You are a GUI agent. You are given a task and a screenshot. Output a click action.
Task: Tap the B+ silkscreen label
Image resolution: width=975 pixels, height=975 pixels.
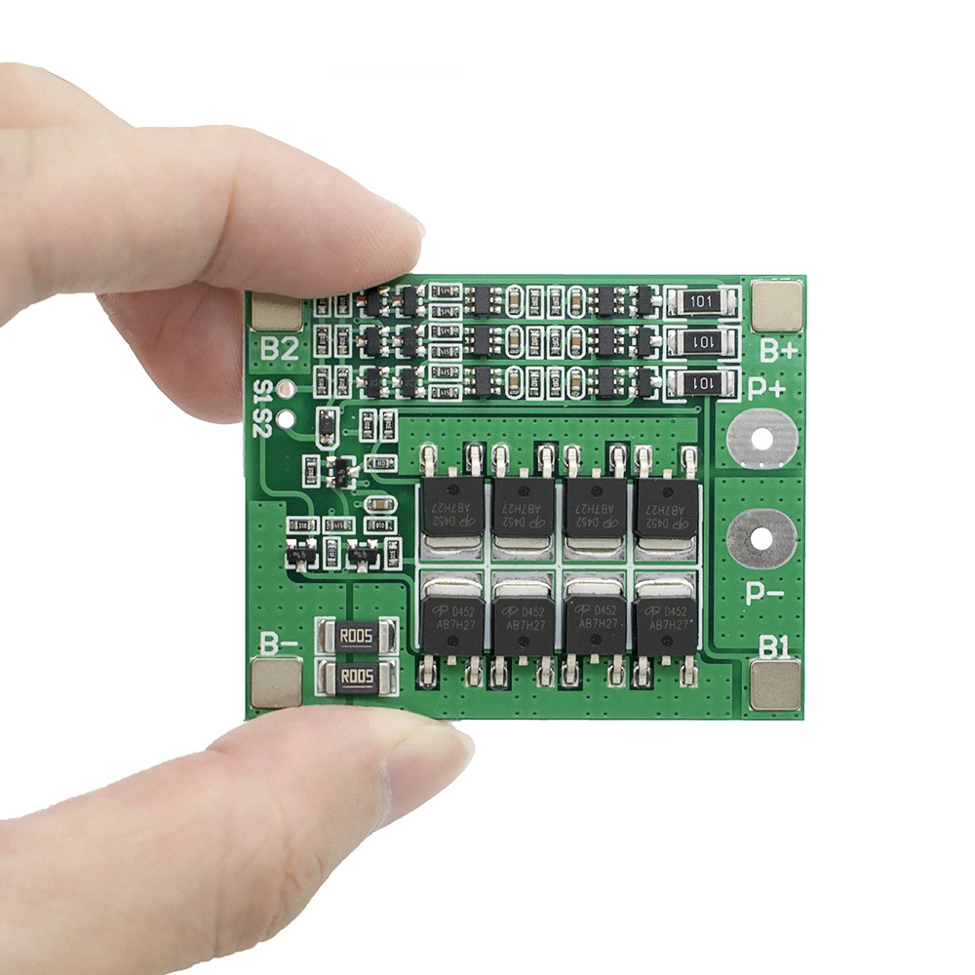tap(780, 349)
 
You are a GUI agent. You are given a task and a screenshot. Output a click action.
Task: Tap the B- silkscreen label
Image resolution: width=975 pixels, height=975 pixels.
tap(279, 643)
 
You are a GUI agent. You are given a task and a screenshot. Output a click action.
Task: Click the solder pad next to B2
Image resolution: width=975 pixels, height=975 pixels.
tap(277, 309)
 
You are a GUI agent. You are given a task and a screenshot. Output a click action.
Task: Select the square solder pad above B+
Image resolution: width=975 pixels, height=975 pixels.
tap(777, 303)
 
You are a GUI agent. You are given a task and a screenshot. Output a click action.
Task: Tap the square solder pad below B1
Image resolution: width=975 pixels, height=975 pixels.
tap(775, 684)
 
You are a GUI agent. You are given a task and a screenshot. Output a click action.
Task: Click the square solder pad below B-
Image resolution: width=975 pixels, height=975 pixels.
tap(277, 682)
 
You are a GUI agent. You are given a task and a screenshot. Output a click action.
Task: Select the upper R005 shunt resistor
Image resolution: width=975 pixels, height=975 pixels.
tap(356, 638)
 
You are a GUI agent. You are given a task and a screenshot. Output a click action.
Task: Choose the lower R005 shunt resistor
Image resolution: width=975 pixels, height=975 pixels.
tap(356, 678)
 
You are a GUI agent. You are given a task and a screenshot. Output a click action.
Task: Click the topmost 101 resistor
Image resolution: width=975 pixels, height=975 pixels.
tap(701, 301)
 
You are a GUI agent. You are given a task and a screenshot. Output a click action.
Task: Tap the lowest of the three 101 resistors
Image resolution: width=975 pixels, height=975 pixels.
tap(701, 383)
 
